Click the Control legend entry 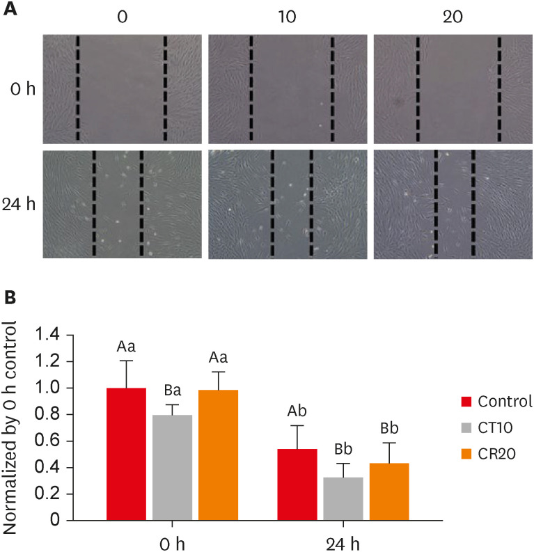(496, 401)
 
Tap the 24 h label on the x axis (343, 542)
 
